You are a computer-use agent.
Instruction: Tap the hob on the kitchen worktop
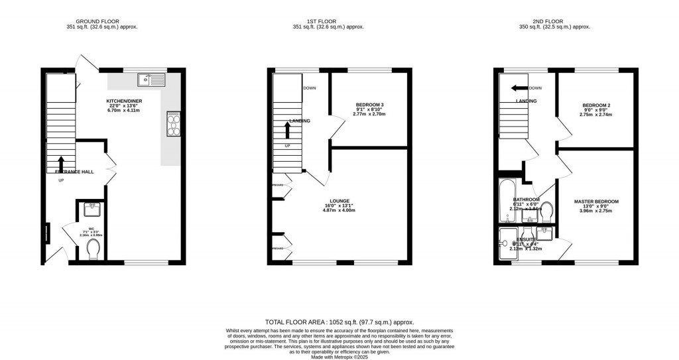174,123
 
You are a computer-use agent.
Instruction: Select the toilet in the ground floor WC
93,249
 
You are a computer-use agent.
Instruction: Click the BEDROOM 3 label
369,105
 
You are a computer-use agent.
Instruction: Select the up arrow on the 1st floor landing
287,129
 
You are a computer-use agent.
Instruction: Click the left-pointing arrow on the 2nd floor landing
518,88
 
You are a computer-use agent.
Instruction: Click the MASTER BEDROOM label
597,202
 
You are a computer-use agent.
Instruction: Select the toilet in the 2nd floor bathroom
547,213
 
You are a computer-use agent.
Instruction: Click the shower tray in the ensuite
508,243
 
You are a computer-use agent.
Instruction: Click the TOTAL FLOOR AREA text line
339,320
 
